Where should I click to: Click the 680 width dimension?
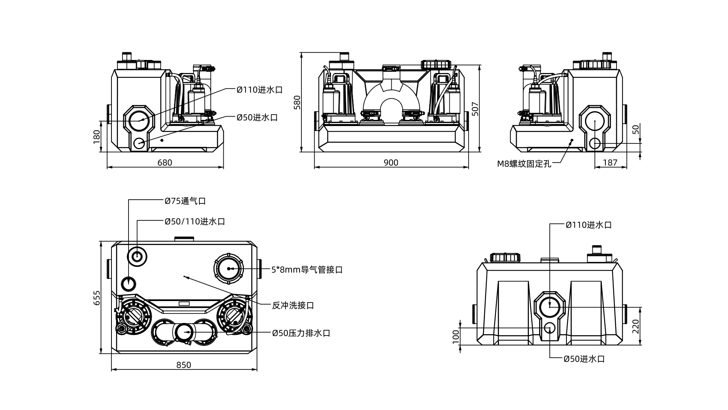pyautogui.click(x=165, y=162)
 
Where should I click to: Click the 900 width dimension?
pyautogui.click(x=391, y=162)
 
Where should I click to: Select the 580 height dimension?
pyautogui.click(x=297, y=102)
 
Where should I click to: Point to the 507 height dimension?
pyautogui.click(x=475, y=109)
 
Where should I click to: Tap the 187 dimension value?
pyautogui.click(x=610, y=162)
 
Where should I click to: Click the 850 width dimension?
pyautogui.click(x=184, y=365)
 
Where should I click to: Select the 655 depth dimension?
pyautogui.click(x=97, y=298)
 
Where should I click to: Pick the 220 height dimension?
pyautogui.click(x=636, y=326)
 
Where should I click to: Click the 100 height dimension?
pyautogui.click(x=456, y=336)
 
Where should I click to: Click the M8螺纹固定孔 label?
pyautogui.click(x=524, y=164)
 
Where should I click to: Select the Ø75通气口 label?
pyautogui.click(x=185, y=201)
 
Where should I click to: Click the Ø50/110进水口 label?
pyautogui.click(x=195, y=221)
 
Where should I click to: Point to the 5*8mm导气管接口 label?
pyautogui.click(x=307, y=270)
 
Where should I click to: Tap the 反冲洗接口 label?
pyautogui.click(x=293, y=305)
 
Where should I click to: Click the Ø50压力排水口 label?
pyautogui.click(x=301, y=333)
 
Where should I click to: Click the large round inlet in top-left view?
pyautogui.click(x=140, y=120)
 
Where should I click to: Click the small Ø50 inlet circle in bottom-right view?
pyautogui.click(x=549, y=328)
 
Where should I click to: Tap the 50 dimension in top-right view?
pyautogui.click(x=637, y=129)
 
